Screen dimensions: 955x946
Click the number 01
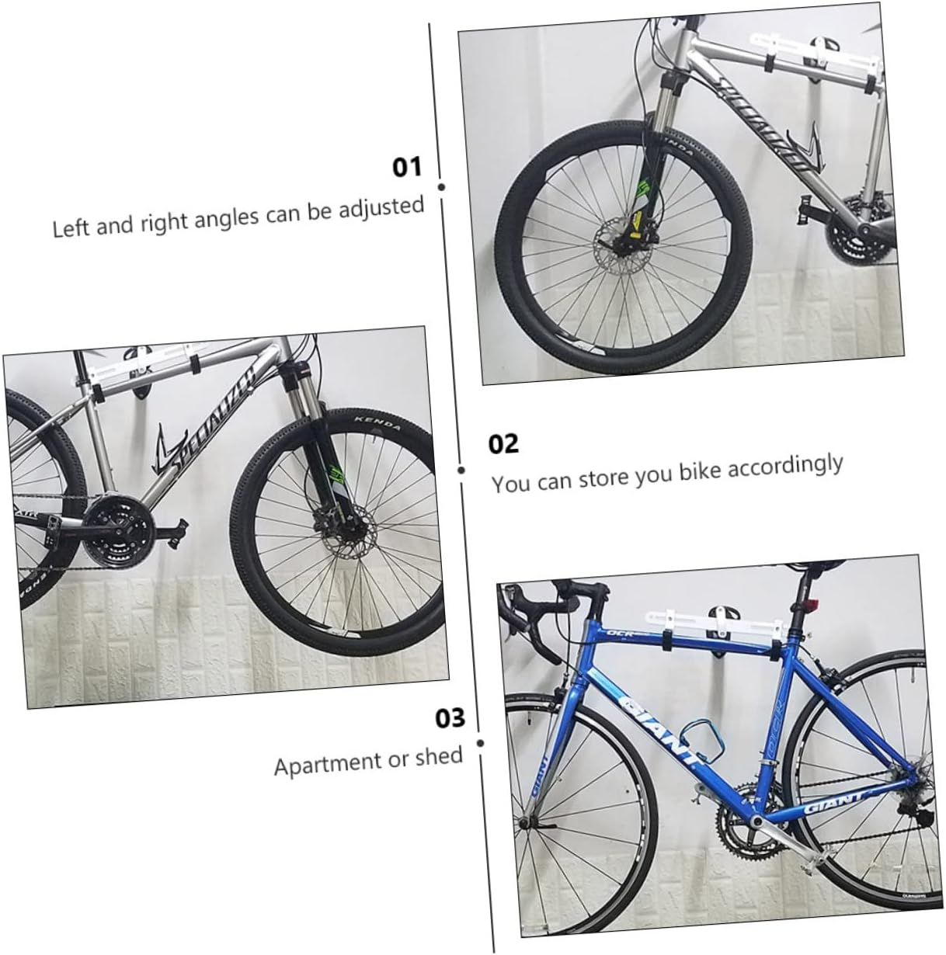(406, 167)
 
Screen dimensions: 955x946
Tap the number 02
(503, 444)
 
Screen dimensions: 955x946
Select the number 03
(450, 718)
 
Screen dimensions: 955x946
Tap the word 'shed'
(438, 756)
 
